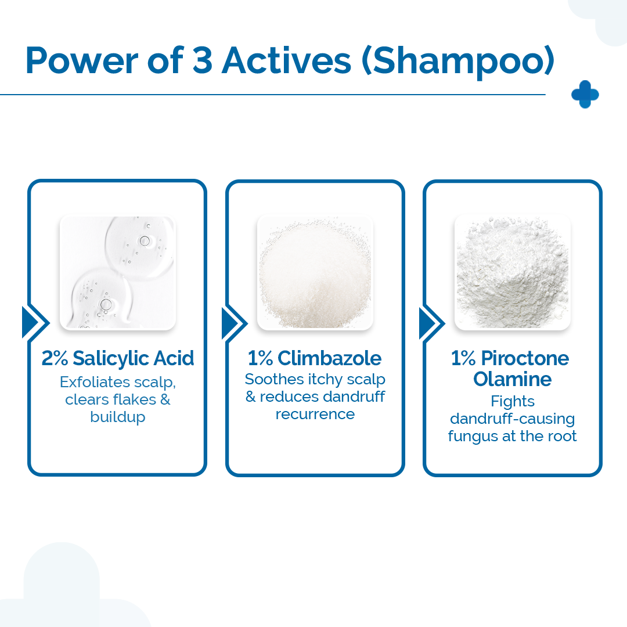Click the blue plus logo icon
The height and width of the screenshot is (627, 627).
point(585,95)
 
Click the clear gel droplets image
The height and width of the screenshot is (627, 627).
point(118,273)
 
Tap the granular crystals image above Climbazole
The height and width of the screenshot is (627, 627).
point(315,273)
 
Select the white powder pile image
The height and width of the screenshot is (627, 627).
point(513,273)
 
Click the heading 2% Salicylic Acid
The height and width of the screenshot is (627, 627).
point(118,358)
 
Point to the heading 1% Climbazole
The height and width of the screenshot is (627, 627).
point(315,358)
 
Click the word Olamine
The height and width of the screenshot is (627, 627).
point(513,379)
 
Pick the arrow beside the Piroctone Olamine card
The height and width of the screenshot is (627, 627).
point(430,323)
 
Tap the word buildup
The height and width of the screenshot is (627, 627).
point(118,417)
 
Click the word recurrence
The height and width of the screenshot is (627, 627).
point(315,414)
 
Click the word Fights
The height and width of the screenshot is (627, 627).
point(513,401)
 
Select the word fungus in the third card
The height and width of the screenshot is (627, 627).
point(475,436)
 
